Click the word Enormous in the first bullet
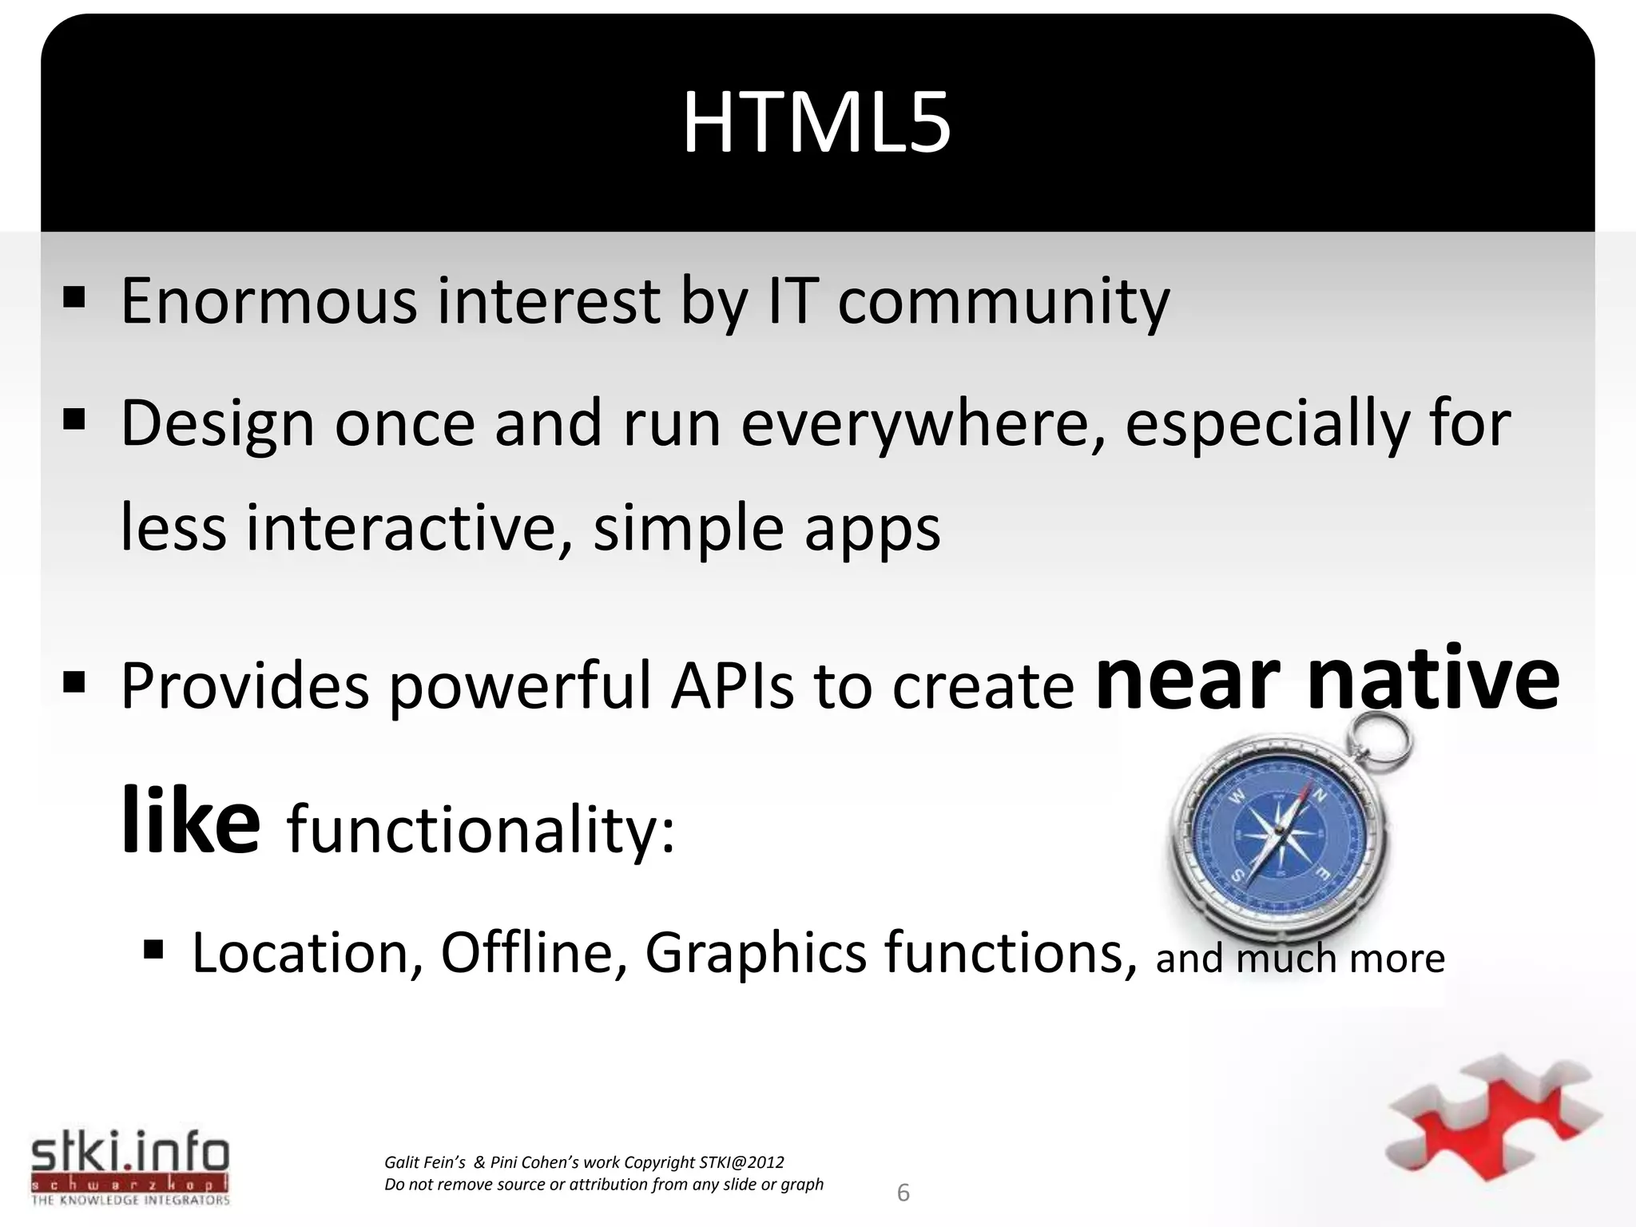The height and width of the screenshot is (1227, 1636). pyautogui.click(x=268, y=302)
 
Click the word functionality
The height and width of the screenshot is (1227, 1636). pyautogui.click(x=480, y=830)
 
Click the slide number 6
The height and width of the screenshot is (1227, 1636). pyautogui.click(x=903, y=1193)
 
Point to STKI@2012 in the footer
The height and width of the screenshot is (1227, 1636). pyautogui.click(x=741, y=1162)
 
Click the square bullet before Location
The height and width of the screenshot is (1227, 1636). pyautogui.click(x=153, y=951)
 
